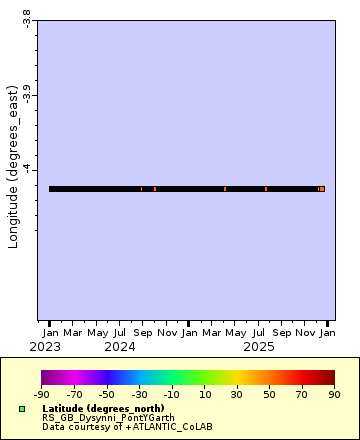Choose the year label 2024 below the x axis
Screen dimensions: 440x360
pos(120,347)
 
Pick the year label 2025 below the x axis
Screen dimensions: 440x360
pos(259,347)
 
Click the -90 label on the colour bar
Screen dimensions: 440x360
pos(42,395)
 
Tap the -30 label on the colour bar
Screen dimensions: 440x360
pos(140,395)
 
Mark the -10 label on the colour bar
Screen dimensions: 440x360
pos(172,395)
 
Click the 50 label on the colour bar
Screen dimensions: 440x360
pos(270,395)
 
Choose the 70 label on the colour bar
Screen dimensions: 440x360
pos(302,395)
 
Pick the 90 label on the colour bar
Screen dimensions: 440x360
pos(334,395)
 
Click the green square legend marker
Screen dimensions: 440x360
pos(22,409)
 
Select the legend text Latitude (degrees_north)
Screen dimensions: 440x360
pos(103,408)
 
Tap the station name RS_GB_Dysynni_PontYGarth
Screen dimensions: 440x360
pos(108,417)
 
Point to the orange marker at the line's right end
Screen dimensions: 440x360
pos(321,189)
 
